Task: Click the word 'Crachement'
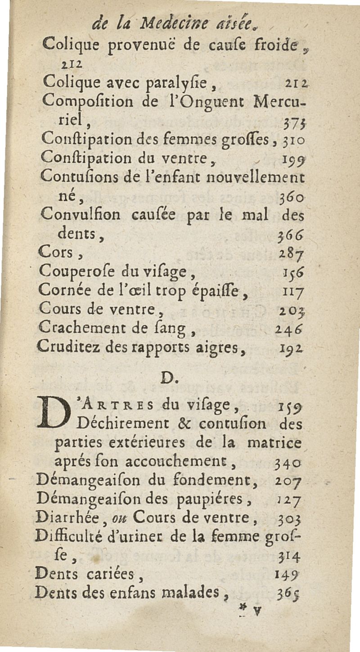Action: point(75,330)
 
